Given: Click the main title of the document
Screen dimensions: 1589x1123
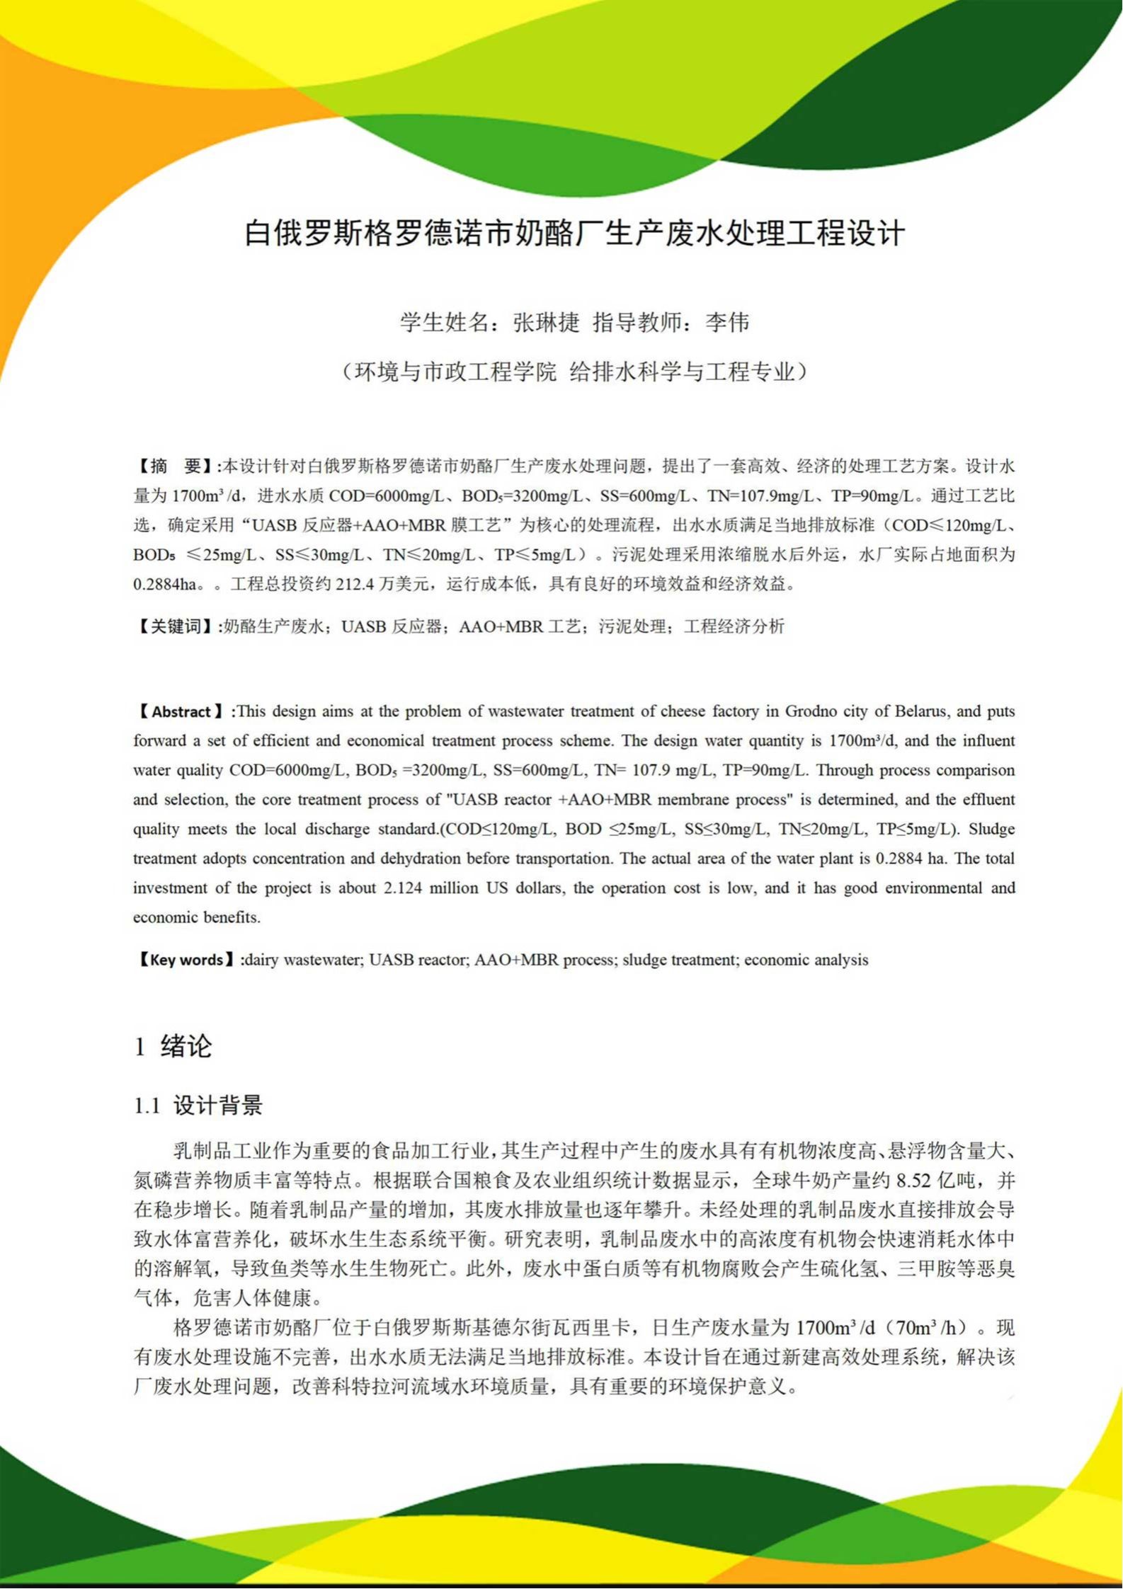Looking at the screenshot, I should click(x=574, y=234).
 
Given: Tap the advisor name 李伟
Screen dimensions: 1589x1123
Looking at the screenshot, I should click(x=727, y=323).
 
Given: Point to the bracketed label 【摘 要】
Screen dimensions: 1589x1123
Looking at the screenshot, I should click(x=176, y=466).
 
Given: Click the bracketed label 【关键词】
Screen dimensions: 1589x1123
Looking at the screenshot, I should click(x=176, y=626).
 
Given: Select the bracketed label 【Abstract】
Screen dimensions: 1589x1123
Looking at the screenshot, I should click(x=182, y=712).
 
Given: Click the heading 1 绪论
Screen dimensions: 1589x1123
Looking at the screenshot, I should click(x=173, y=1046).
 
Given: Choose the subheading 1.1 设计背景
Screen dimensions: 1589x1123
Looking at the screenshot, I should click(x=198, y=1105).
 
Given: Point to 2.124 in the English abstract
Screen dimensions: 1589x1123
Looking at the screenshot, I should click(x=404, y=888).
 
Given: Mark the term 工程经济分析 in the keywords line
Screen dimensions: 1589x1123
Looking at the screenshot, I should click(x=734, y=626).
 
